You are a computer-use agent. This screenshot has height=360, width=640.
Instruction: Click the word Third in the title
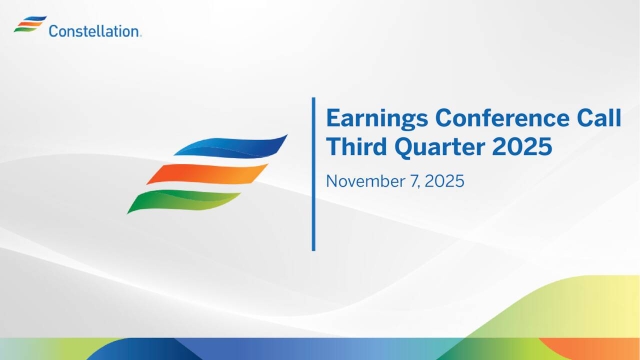pyautogui.click(x=355, y=147)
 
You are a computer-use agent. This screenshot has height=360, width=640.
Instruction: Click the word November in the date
pyautogui.click(x=364, y=183)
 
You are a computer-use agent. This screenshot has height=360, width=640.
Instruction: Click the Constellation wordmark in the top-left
pyautogui.click(x=95, y=31)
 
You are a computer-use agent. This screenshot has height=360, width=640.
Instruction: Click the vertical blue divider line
pyautogui.click(x=313, y=173)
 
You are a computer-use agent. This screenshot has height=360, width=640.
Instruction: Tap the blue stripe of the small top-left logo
pyautogui.click(x=31, y=18)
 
